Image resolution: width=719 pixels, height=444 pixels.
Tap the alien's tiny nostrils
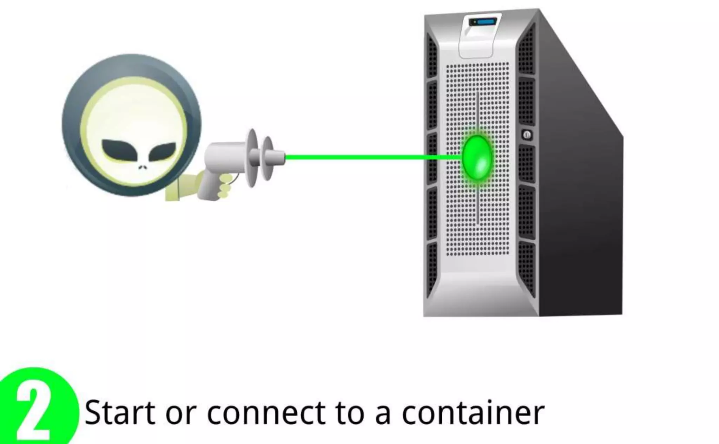click(142, 168)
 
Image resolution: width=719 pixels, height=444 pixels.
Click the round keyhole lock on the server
click(526, 135)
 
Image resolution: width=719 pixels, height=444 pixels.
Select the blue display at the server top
click(486, 22)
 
